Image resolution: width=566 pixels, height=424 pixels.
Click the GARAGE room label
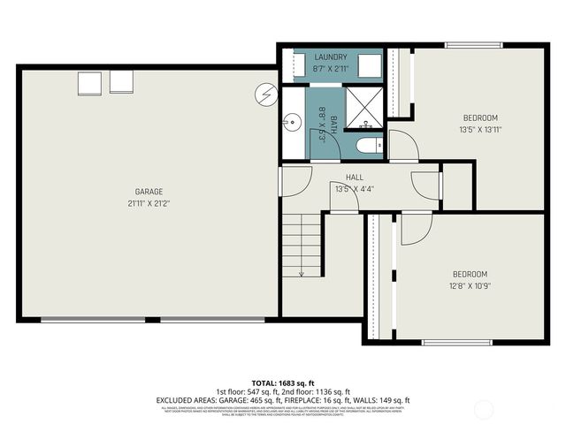[149, 192]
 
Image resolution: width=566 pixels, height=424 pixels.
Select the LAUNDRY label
[331, 57]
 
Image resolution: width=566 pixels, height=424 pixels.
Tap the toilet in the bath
[366, 145]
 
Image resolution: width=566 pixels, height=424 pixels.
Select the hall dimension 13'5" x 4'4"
[355, 189]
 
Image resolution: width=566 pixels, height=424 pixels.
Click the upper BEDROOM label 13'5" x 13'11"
[480, 117]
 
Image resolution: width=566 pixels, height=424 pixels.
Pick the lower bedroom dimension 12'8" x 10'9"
[470, 284]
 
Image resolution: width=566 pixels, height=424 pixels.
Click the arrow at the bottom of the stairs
[301, 273]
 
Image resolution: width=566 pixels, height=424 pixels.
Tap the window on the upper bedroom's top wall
[475, 45]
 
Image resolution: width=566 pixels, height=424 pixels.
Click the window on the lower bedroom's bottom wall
[451, 342]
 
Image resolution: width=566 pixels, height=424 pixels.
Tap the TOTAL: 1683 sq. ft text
[283, 382]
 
